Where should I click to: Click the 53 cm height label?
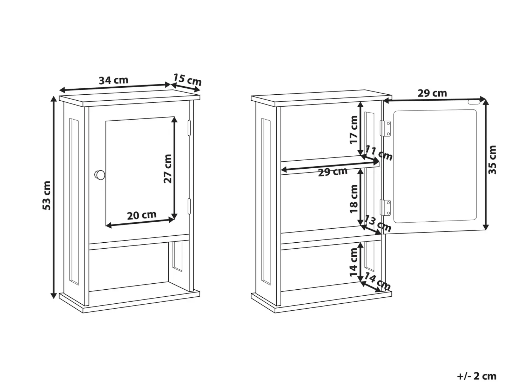point(47,195)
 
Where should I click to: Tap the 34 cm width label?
point(114,80)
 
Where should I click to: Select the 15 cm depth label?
point(187,80)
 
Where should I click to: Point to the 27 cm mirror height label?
point(168,169)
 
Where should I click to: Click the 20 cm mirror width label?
point(142,215)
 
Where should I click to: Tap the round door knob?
point(100,175)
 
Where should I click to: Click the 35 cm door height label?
point(492,160)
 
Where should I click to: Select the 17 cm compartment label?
point(353,130)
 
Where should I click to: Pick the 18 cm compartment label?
point(353,199)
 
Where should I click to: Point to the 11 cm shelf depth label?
point(379,153)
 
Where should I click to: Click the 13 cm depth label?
point(378,223)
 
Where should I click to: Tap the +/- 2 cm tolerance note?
point(477,376)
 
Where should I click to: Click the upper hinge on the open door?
point(385,128)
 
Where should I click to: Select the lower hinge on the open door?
point(385,208)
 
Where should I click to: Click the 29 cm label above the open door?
point(432,93)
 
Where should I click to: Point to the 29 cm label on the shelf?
point(333,172)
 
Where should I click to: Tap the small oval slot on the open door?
point(474,102)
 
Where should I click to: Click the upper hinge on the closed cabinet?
point(189,128)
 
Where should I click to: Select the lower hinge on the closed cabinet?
point(189,206)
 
